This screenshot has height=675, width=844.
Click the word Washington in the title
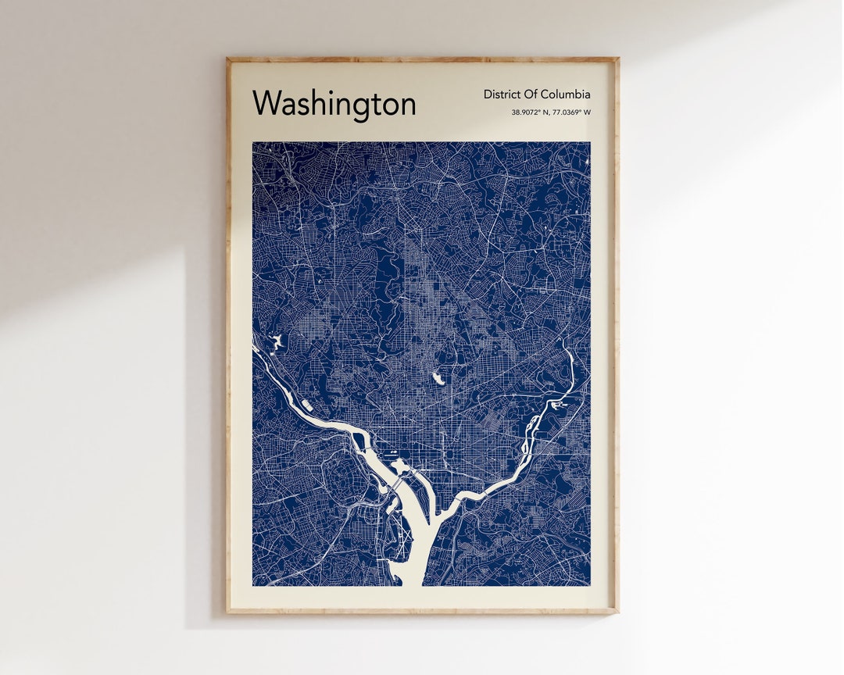tap(334, 103)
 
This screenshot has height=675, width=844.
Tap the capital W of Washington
tap(266, 102)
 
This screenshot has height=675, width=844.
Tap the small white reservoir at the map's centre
tap(438, 378)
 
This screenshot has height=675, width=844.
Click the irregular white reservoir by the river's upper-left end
tap(274, 341)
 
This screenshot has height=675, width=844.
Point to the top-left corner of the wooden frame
tap(227, 58)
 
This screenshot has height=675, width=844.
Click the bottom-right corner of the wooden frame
tap(617, 612)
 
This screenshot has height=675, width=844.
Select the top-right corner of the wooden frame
tap(617, 58)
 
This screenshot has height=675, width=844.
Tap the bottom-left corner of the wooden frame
tap(227, 612)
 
